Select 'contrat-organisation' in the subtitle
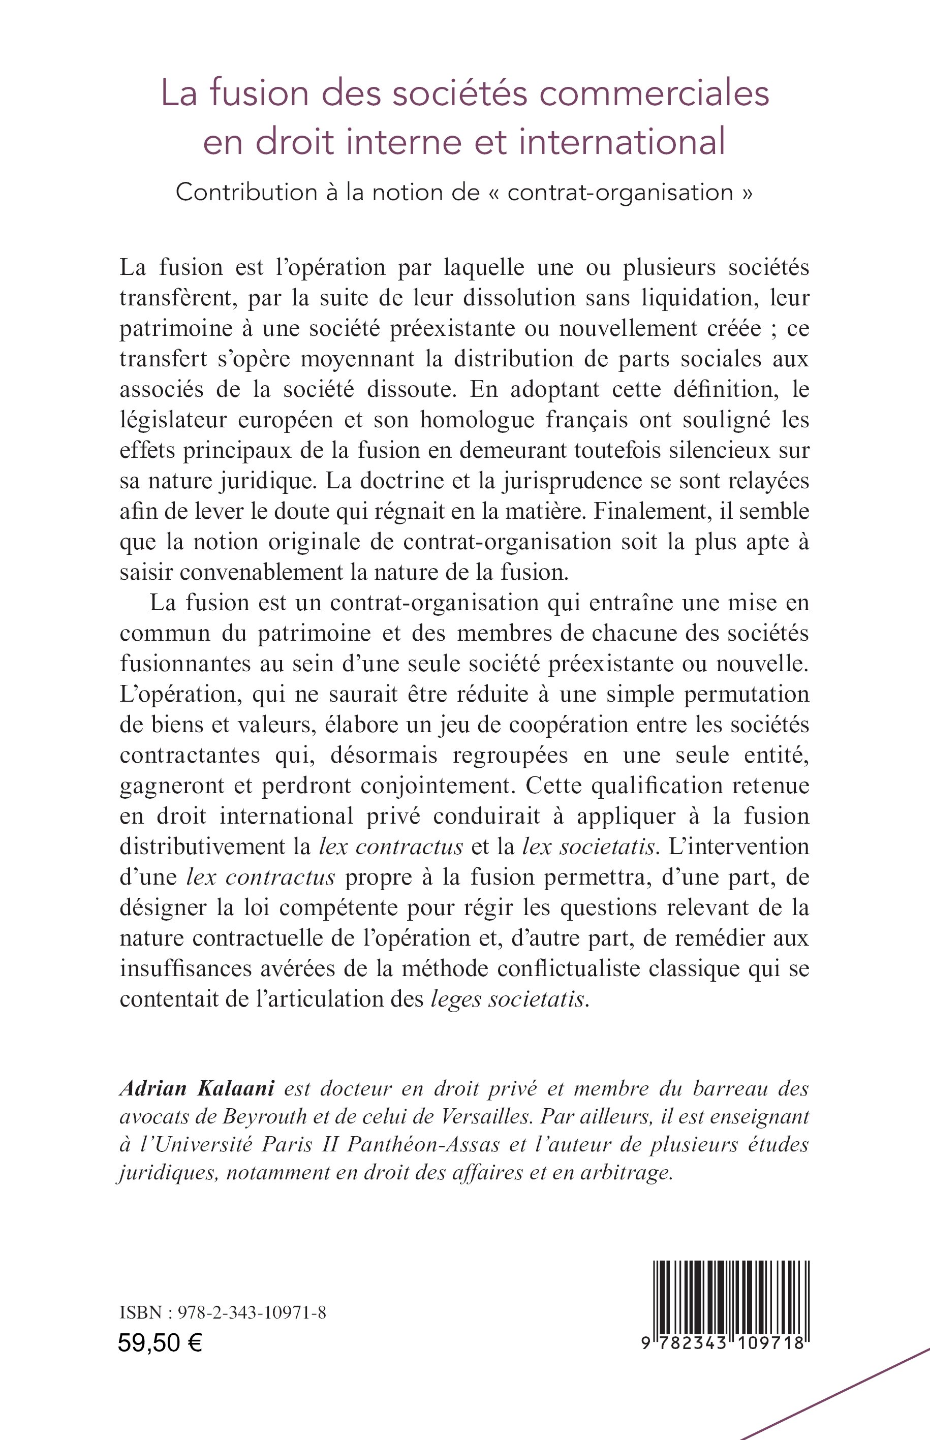(620, 192)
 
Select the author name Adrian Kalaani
(198, 1088)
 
